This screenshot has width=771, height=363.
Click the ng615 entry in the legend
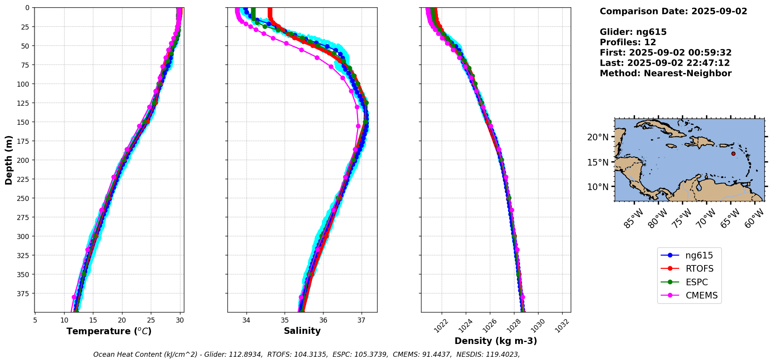[x=689, y=255]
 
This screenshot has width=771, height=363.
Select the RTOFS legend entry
[x=689, y=269]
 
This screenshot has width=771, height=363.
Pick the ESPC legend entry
[x=689, y=282]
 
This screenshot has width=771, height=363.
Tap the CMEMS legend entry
[x=689, y=295]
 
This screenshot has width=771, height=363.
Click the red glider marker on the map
[x=733, y=154]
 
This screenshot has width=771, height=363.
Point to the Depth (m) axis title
[x=9, y=160]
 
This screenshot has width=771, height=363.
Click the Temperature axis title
[x=109, y=331]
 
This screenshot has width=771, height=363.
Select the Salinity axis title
[x=302, y=331]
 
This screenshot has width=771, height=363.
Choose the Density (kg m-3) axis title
[x=496, y=341]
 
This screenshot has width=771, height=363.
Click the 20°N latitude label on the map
[x=598, y=137]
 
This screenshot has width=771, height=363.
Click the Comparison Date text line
[x=673, y=11]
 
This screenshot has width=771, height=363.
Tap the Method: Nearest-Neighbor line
[x=666, y=73]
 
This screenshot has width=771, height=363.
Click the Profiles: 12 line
[x=628, y=42]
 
